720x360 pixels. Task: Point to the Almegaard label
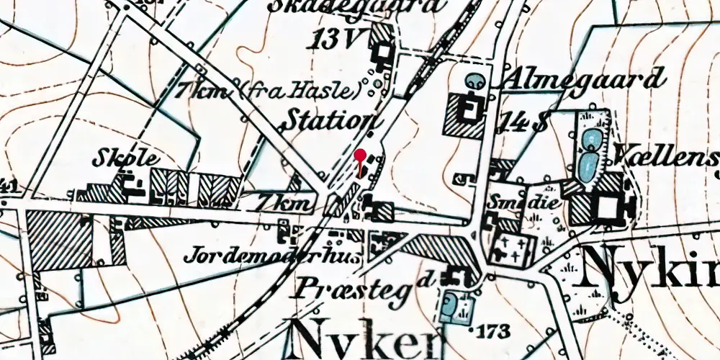584,79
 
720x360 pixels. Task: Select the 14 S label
526,122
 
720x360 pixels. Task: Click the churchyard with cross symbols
513,248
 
